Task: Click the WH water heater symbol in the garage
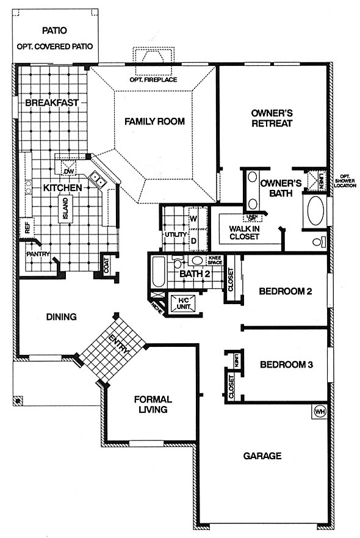point(319,411)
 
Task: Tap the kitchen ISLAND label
point(65,208)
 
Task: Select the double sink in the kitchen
point(96,180)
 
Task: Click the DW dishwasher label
point(68,171)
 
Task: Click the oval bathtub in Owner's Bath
point(315,211)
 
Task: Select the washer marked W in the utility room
point(193,219)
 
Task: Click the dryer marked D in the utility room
point(193,241)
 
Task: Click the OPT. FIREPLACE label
point(153,79)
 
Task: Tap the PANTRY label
point(38,254)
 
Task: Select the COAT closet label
point(106,265)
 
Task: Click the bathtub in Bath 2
point(158,271)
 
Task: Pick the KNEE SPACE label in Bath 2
point(215,260)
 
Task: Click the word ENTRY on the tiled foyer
point(119,344)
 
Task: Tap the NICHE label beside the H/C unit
point(156,307)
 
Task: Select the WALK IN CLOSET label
point(244,232)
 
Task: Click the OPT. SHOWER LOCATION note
point(345,181)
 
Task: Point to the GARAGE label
point(262,456)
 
